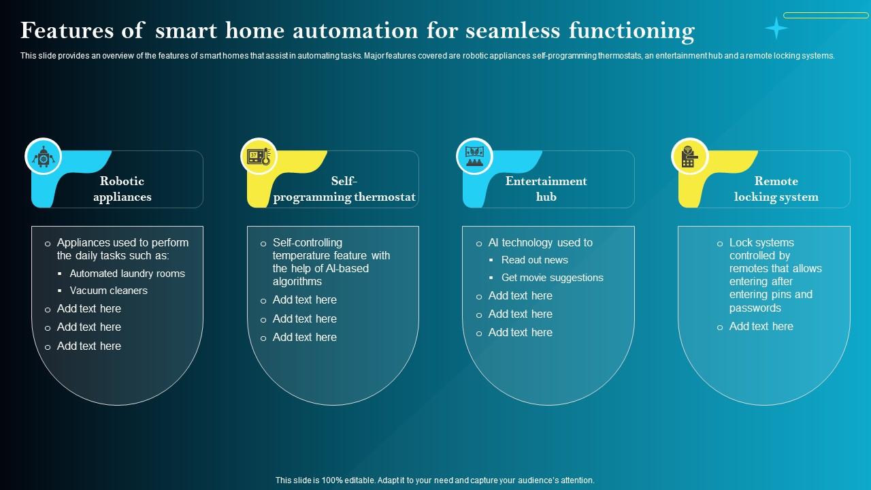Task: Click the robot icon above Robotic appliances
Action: point(44,157)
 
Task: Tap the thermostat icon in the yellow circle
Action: point(259,157)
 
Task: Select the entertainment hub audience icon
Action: point(474,157)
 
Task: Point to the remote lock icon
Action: point(689,157)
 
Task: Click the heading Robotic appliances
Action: point(122,189)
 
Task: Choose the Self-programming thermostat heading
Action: point(344,189)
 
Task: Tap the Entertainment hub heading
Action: point(546,189)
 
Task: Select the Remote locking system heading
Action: point(776,189)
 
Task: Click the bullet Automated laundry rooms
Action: point(127,274)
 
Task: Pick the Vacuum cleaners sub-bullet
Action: point(109,291)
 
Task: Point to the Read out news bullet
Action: point(534,260)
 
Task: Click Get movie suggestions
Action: point(552,278)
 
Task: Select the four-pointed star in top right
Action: point(776,28)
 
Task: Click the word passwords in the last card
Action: point(755,308)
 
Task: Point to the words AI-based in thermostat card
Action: point(347,269)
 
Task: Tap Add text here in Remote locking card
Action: point(761,327)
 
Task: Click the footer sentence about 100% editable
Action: point(435,480)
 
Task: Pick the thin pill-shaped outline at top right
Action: point(825,15)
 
